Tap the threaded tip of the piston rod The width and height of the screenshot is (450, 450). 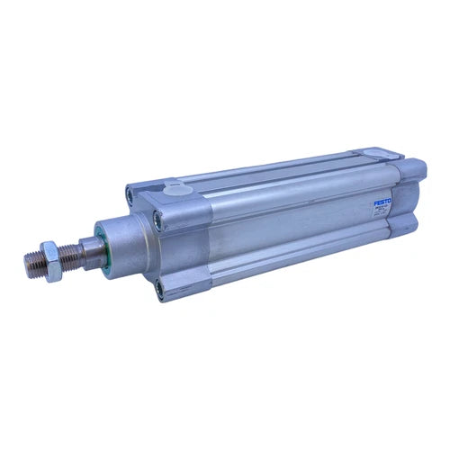(31, 263)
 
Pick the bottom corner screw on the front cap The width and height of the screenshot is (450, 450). (161, 289)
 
